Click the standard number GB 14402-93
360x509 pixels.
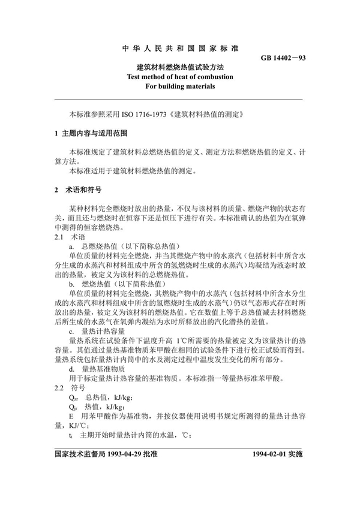click(284, 58)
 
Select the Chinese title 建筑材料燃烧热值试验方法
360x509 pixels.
click(179, 67)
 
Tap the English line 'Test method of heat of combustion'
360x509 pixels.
click(179, 77)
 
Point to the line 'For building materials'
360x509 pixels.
click(179, 86)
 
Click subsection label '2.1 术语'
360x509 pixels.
click(65, 237)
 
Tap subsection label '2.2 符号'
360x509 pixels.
click(65, 387)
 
